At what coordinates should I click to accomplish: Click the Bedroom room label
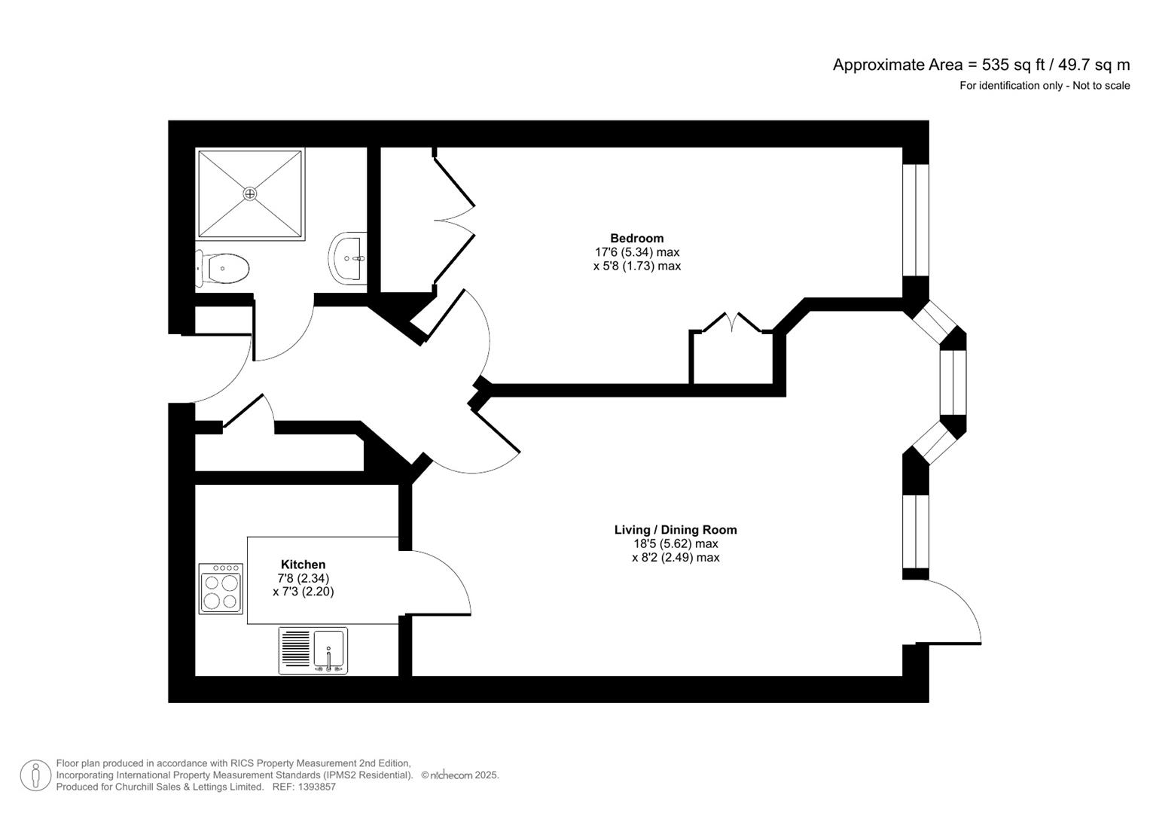[x=636, y=239]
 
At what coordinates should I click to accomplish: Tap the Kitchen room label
[x=303, y=565]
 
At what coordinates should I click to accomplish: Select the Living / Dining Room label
[x=676, y=530]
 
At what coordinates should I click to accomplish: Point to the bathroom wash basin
[x=349, y=258]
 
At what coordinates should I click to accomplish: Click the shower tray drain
[x=250, y=194]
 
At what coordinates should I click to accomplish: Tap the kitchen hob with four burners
[x=221, y=589]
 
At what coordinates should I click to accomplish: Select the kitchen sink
[x=328, y=650]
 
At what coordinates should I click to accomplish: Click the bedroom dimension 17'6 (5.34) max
[x=636, y=252]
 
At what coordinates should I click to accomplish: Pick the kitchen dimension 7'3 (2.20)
[x=303, y=592]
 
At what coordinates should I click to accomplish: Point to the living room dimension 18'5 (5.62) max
[x=676, y=544]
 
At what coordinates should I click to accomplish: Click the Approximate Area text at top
[x=981, y=65]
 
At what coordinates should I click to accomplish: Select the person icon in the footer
[x=35, y=775]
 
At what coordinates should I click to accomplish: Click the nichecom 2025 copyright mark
[x=459, y=775]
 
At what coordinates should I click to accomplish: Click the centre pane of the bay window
[x=953, y=382]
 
